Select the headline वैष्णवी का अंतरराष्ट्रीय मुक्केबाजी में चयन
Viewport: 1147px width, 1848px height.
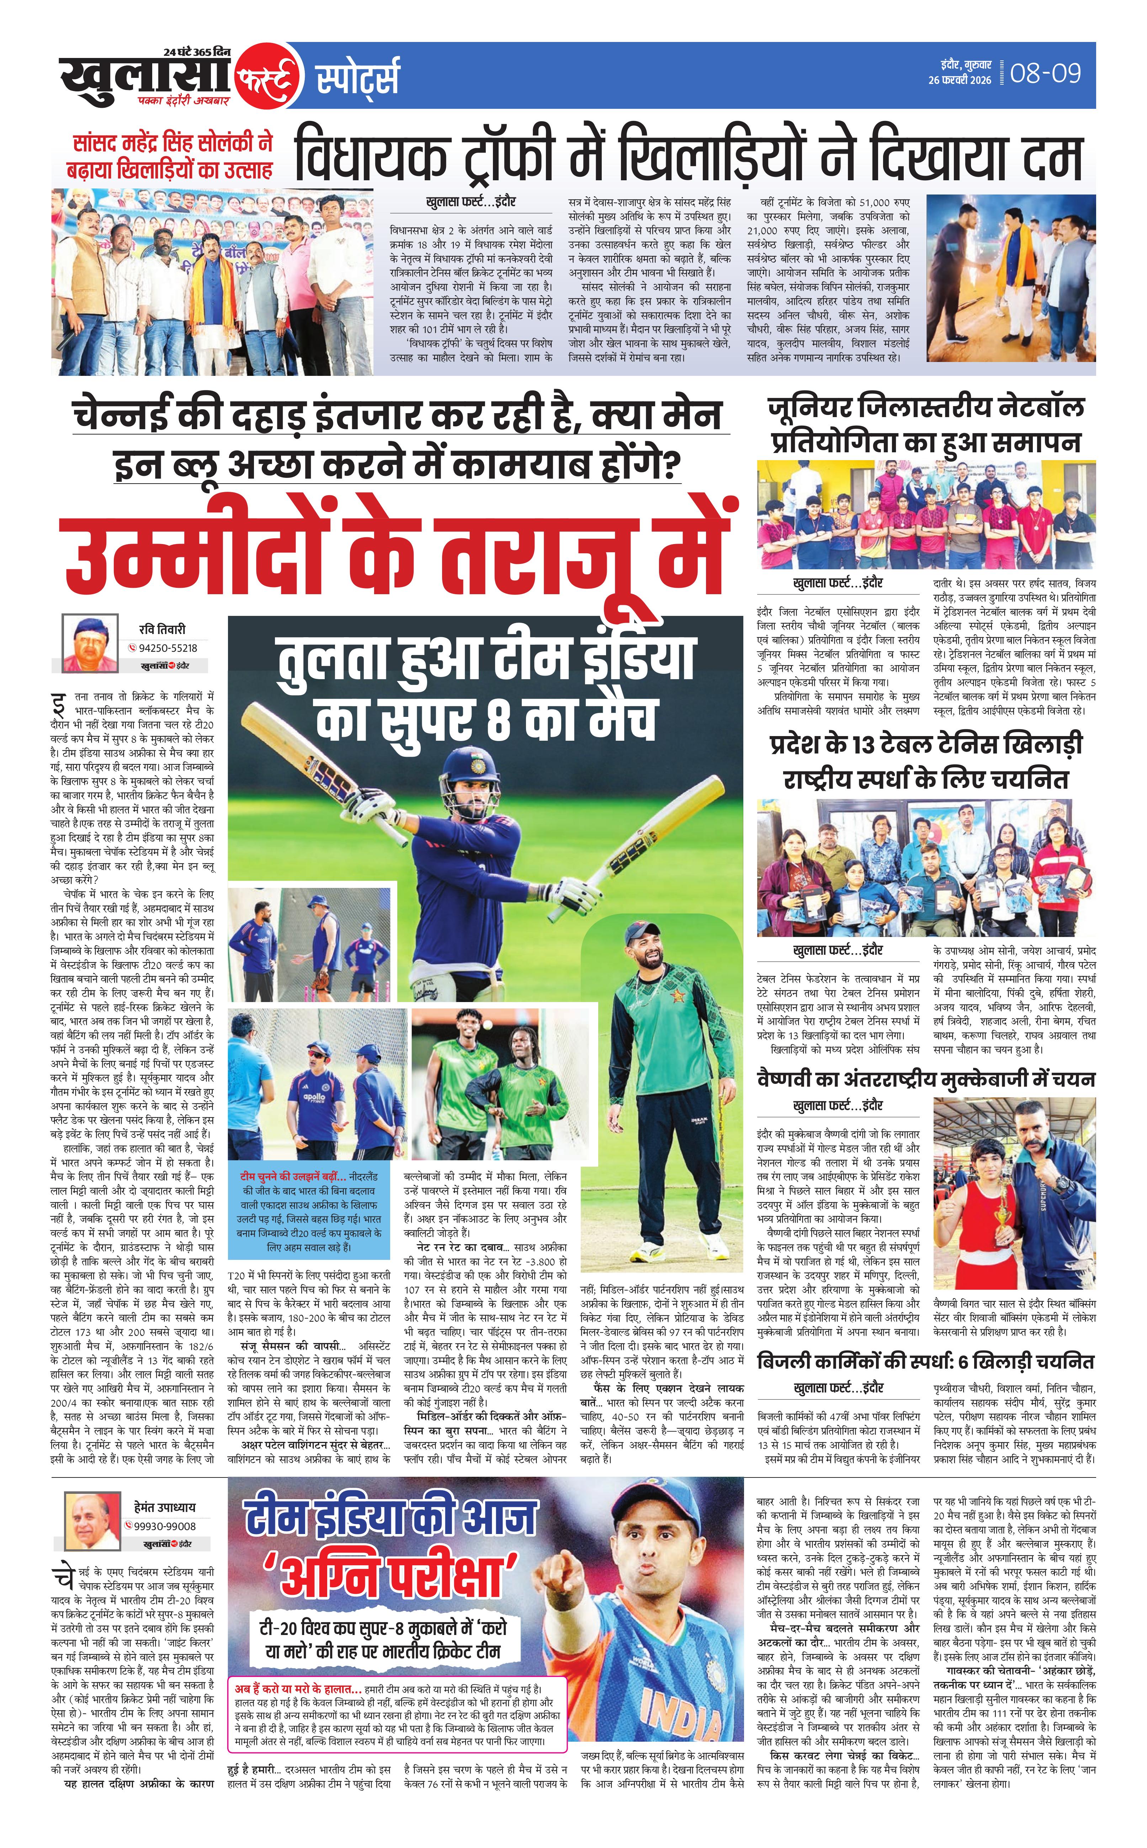coord(925,1079)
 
